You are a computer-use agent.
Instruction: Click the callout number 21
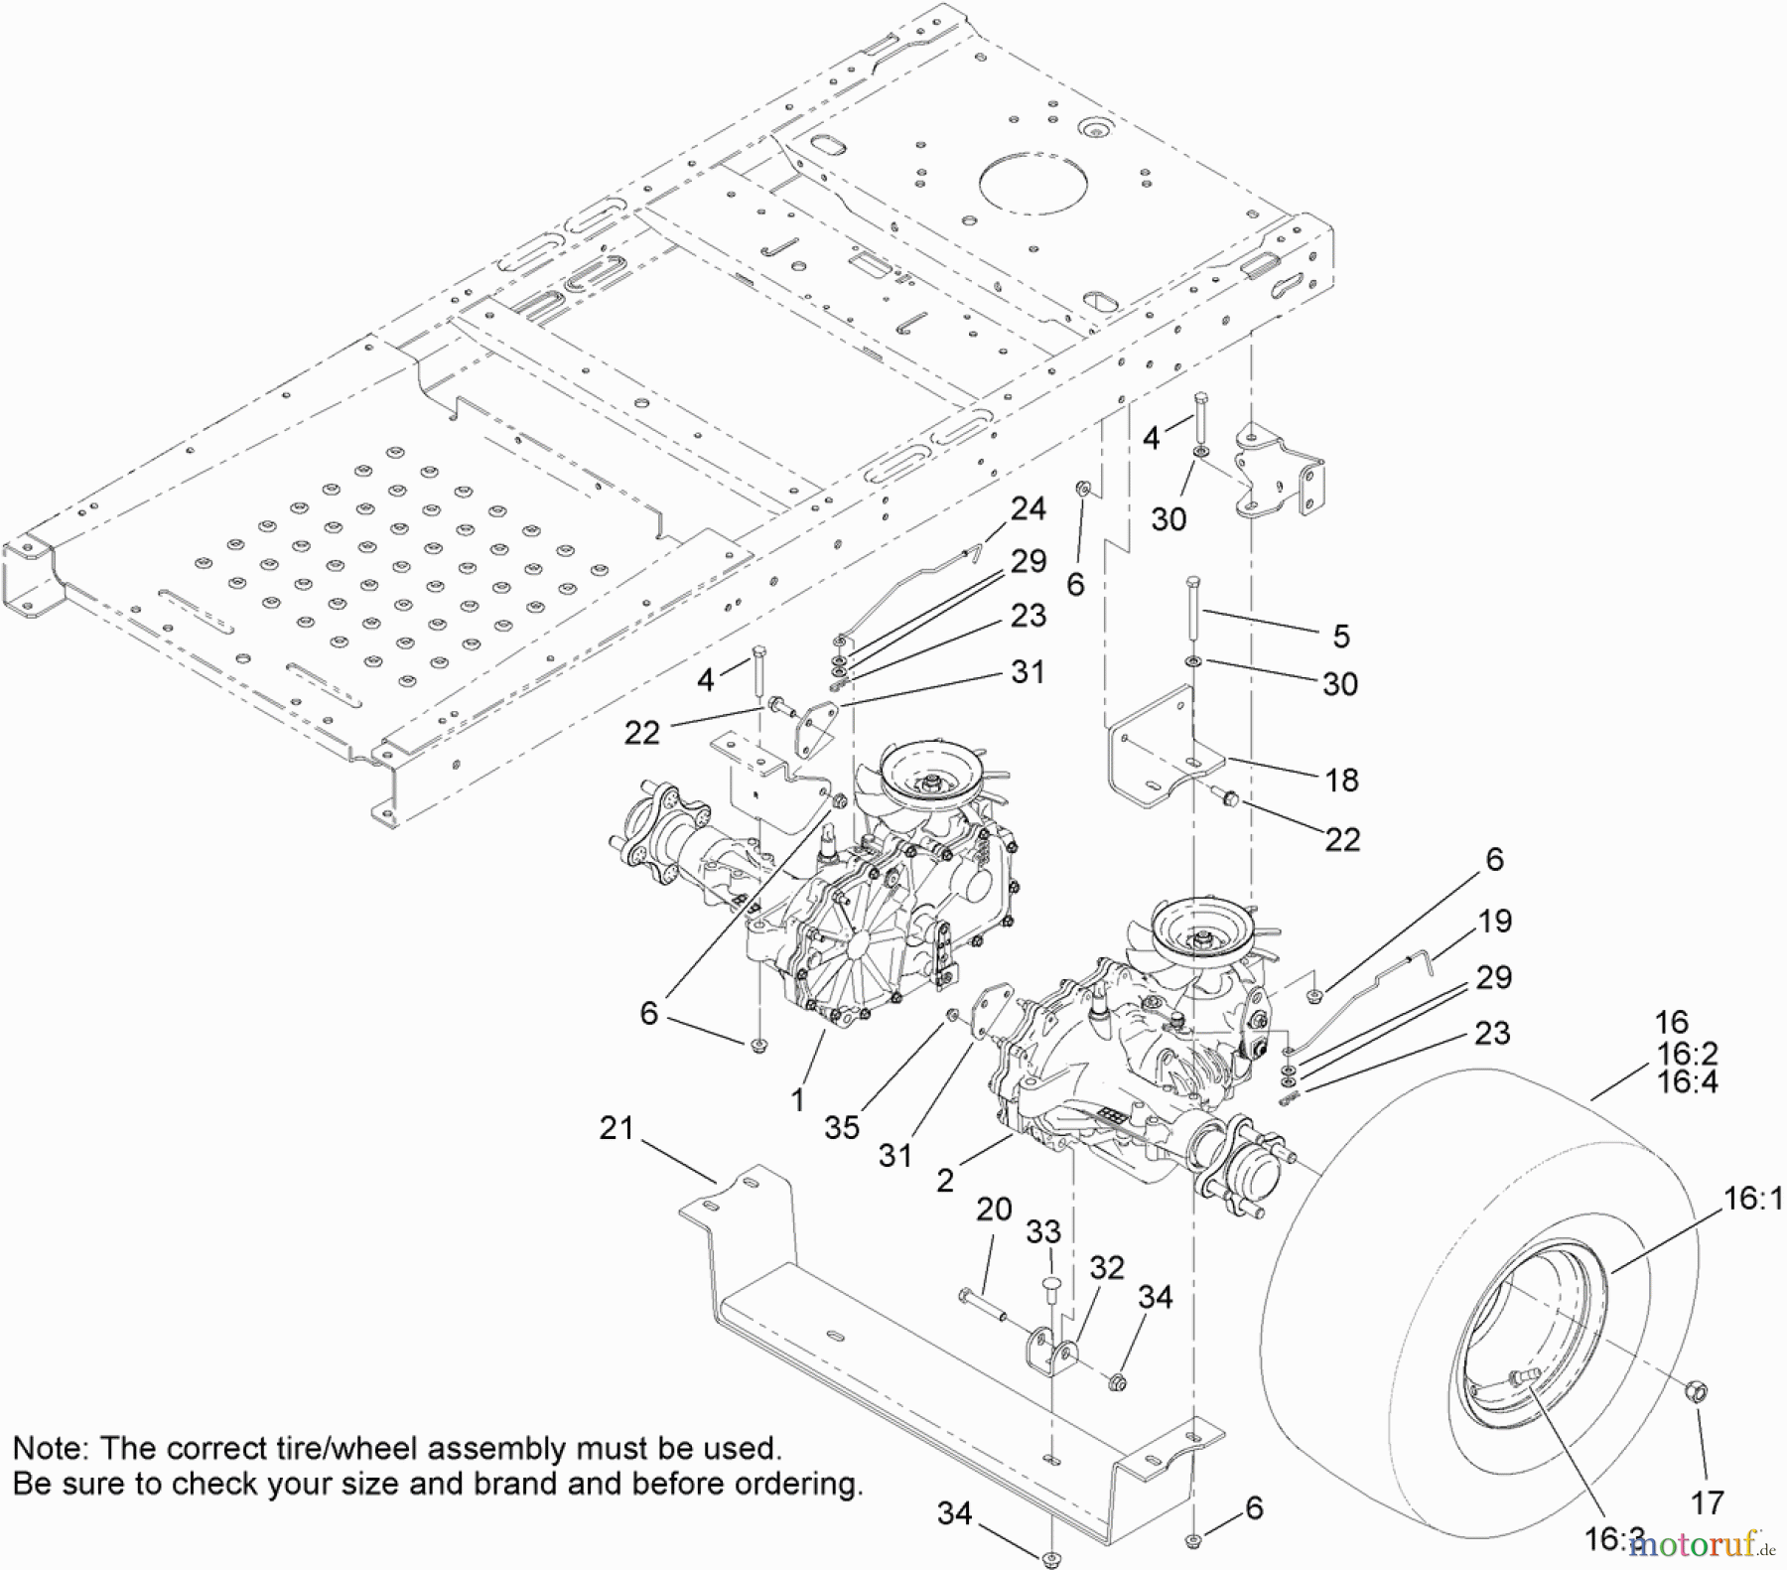pyautogui.click(x=616, y=1128)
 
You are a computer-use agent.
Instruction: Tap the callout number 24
pyautogui.click(x=1028, y=508)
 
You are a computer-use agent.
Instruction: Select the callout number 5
pyautogui.click(x=1341, y=636)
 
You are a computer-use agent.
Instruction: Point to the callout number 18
pyautogui.click(x=1341, y=781)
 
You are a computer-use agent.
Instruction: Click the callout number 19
pyautogui.click(x=1494, y=921)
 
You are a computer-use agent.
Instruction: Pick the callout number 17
pyautogui.click(x=1707, y=1502)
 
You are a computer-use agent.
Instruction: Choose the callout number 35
pyautogui.click(x=842, y=1127)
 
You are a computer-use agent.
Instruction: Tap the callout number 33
pyautogui.click(x=1043, y=1231)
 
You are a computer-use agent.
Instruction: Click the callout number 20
pyautogui.click(x=994, y=1209)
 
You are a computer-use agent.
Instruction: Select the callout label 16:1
pyautogui.click(x=1752, y=1199)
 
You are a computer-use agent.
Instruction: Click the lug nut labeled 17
pyautogui.click(x=1697, y=1392)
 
